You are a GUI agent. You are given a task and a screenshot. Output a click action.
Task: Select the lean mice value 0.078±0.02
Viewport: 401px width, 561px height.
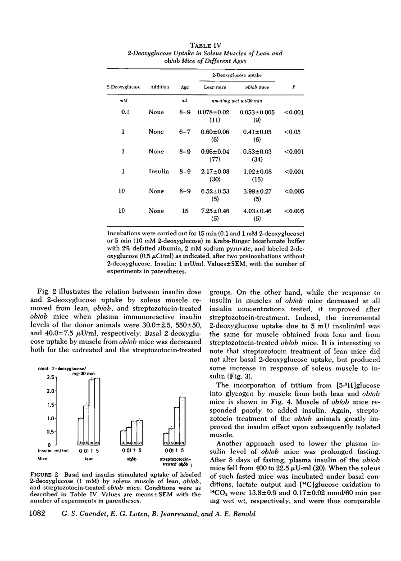coord(214,112)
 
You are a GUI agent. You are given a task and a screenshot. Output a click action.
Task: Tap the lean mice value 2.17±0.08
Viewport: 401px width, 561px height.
coord(214,172)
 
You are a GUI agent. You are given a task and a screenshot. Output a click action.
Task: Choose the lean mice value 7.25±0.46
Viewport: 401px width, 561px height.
coord(214,211)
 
